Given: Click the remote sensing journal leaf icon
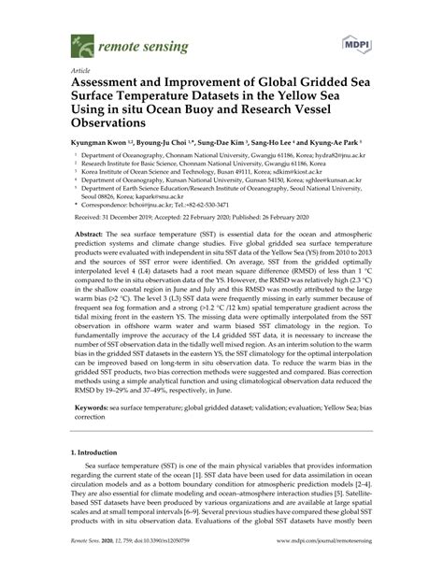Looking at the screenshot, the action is point(78,43).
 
